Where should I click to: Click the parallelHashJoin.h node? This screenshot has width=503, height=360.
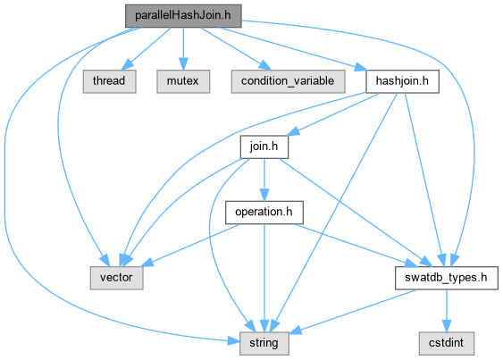(183, 16)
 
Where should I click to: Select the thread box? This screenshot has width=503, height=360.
(109, 81)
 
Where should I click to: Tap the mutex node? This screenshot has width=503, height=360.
(183, 81)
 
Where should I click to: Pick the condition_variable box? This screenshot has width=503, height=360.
(288, 81)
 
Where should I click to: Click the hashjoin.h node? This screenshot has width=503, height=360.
(402, 81)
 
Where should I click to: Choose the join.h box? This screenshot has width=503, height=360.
(264, 147)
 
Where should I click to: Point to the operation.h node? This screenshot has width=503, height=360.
(264, 213)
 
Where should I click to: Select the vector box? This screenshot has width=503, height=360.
(116, 278)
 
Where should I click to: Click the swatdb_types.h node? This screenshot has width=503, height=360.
(447, 278)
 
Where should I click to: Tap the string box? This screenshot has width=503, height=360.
(264, 343)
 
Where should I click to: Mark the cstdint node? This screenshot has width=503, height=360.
(447, 343)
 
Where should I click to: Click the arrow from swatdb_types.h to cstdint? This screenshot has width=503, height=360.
(447, 311)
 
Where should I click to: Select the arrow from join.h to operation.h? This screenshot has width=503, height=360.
(264, 180)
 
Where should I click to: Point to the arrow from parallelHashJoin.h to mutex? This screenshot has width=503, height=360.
(183, 49)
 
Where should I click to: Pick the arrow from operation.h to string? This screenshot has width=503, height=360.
(264, 278)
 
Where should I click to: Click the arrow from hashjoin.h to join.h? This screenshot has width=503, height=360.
(332, 114)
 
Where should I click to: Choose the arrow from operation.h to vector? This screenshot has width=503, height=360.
(190, 245)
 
